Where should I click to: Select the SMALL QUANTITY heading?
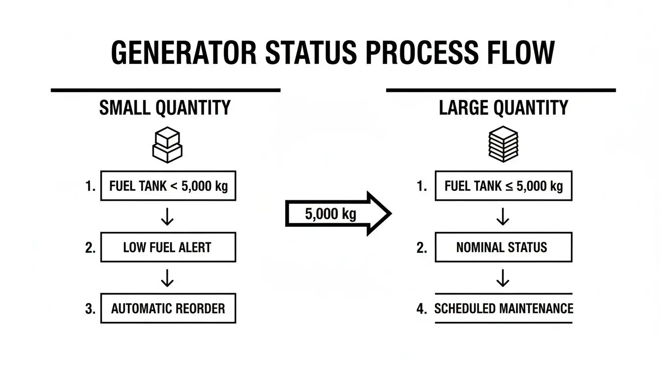pos(165,108)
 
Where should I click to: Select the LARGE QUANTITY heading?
pos(503,108)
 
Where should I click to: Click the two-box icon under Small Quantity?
pos(167,145)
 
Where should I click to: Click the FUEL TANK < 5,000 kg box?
pos(168,187)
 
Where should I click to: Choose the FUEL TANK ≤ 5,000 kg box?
pos(503,186)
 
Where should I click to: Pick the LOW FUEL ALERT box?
pos(168,248)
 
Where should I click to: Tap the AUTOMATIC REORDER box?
pos(168,309)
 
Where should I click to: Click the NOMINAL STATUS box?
pos(503,247)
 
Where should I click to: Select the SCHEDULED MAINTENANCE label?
pos(504,309)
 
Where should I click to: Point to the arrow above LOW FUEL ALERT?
pos(167,217)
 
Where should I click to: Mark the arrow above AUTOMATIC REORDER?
pos(167,278)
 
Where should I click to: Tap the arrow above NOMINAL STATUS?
pos(503,217)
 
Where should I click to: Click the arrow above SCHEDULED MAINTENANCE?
pos(503,278)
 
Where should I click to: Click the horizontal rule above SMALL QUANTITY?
pos(165,91)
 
